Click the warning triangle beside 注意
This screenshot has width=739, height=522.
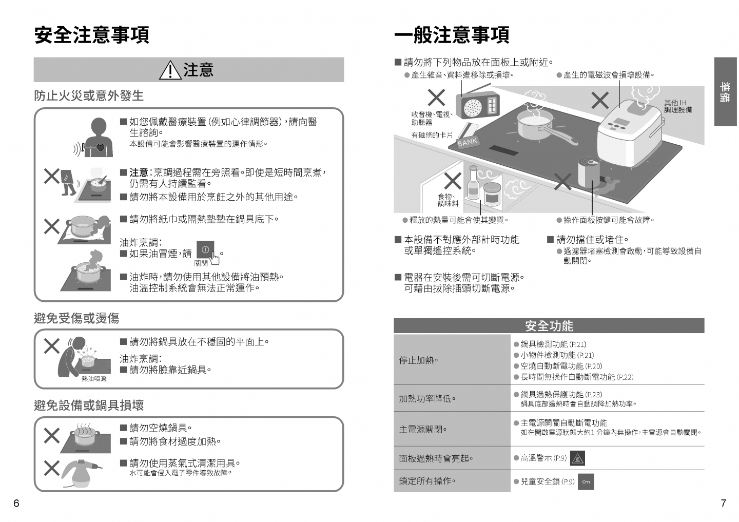170,70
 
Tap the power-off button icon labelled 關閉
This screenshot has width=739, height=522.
205,249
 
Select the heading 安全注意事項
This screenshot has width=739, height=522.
92,35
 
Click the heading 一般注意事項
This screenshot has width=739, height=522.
452,35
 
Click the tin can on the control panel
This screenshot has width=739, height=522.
589,171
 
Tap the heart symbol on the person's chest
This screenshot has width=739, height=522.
100,147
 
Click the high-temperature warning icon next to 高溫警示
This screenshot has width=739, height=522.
577,458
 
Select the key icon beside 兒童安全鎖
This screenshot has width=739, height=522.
586,482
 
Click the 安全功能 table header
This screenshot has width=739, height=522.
549,325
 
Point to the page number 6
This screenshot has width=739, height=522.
16,503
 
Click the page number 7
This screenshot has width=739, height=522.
723,503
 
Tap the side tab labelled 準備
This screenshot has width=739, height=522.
725,92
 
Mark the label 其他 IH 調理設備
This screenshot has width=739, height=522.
678,106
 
